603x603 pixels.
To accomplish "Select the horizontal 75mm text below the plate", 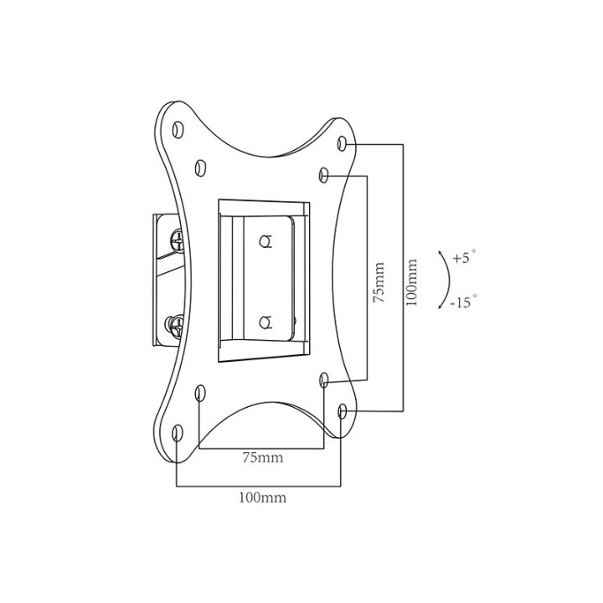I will click(262, 457).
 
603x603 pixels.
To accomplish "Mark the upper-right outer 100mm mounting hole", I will click(342, 145).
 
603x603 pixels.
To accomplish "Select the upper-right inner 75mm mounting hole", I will click(325, 175).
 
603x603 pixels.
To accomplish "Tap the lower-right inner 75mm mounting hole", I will click(325, 381).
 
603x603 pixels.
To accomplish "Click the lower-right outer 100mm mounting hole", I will click(343, 411).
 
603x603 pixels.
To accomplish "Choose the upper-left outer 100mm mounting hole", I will click(178, 127).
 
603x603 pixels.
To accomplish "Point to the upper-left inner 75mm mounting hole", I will click(199, 166).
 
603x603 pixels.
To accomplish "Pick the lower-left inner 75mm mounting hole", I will click(199, 393).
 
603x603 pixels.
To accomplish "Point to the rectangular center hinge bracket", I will click(264, 282).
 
